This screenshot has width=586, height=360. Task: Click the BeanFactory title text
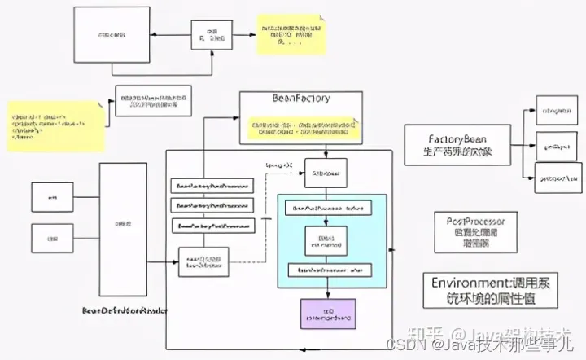[x=301, y=99]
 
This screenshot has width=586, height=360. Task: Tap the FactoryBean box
[x=457, y=145]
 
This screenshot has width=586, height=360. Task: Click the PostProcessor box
[x=476, y=232]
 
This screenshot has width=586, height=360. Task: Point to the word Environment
[x=463, y=283]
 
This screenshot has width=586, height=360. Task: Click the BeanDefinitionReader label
[x=125, y=310]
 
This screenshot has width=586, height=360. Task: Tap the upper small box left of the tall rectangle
[x=52, y=196]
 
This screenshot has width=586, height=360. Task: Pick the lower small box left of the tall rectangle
[x=52, y=239]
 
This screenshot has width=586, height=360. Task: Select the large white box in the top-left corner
[x=112, y=35]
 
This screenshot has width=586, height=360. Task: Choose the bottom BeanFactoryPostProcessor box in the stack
[x=210, y=225]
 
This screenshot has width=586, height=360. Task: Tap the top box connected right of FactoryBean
[x=558, y=110]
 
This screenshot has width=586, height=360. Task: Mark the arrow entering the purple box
[x=327, y=292]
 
